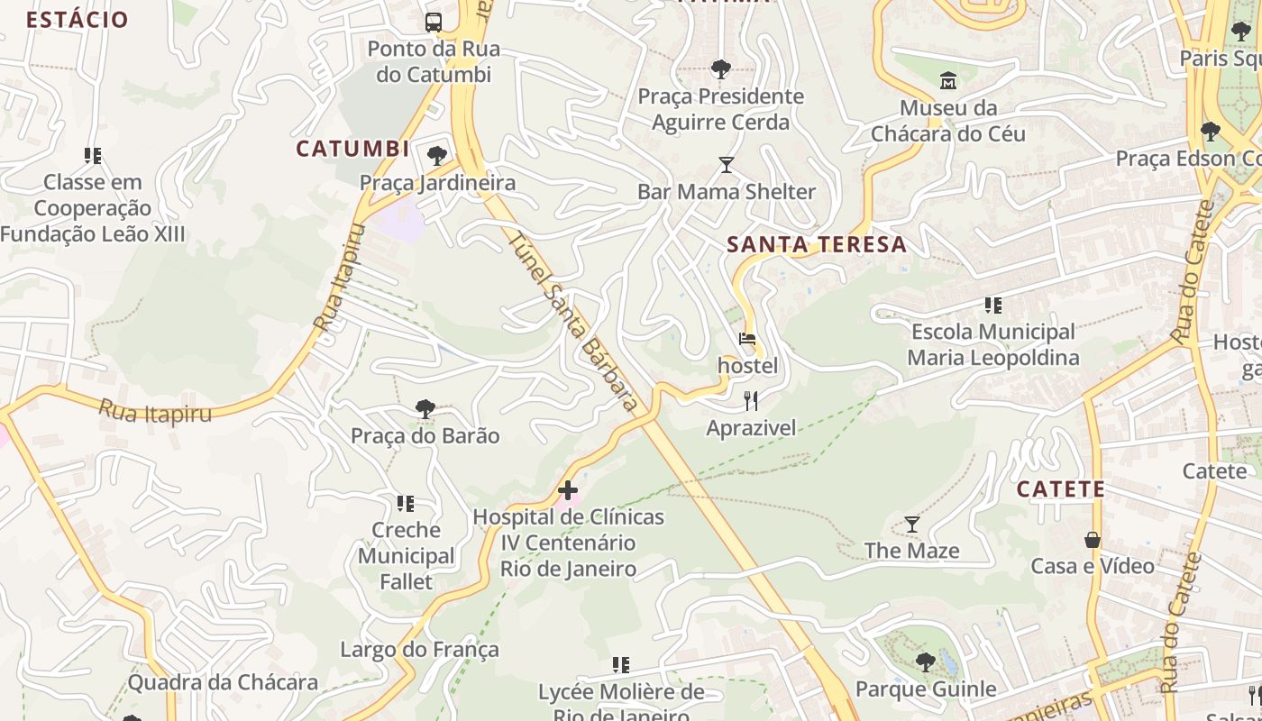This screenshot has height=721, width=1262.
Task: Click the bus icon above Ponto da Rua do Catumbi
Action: (434, 22)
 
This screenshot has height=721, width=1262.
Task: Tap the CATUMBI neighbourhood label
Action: (352, 149)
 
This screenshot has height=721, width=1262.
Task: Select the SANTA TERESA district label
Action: (816, 244)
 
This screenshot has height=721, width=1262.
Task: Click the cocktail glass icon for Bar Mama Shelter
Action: (726, 165)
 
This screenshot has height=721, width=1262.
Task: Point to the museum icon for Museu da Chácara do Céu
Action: (947, 82)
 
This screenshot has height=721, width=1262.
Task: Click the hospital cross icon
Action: (568, 490)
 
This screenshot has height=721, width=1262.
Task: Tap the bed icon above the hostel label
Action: (747, 340)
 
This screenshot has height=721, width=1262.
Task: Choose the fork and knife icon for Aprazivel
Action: (750, 400)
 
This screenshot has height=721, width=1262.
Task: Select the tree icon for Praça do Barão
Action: (425, 409)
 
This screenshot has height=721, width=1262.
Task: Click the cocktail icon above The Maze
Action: (911, 524)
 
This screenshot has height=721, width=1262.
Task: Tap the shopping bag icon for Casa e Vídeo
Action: (1092, 540)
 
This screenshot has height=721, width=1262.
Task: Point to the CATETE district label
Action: (1060, 489)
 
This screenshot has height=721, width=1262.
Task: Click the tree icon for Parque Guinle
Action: (925, 662)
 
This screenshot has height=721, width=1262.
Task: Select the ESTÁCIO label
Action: (77, 19)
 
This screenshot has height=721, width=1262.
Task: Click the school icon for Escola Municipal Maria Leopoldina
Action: (992, 306)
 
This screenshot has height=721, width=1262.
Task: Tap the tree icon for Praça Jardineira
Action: (437, 156)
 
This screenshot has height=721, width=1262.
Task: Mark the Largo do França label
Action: (419, 649)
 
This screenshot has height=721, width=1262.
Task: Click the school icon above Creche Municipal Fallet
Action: (406, 503)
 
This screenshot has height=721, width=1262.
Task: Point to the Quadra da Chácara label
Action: (223, 682)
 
